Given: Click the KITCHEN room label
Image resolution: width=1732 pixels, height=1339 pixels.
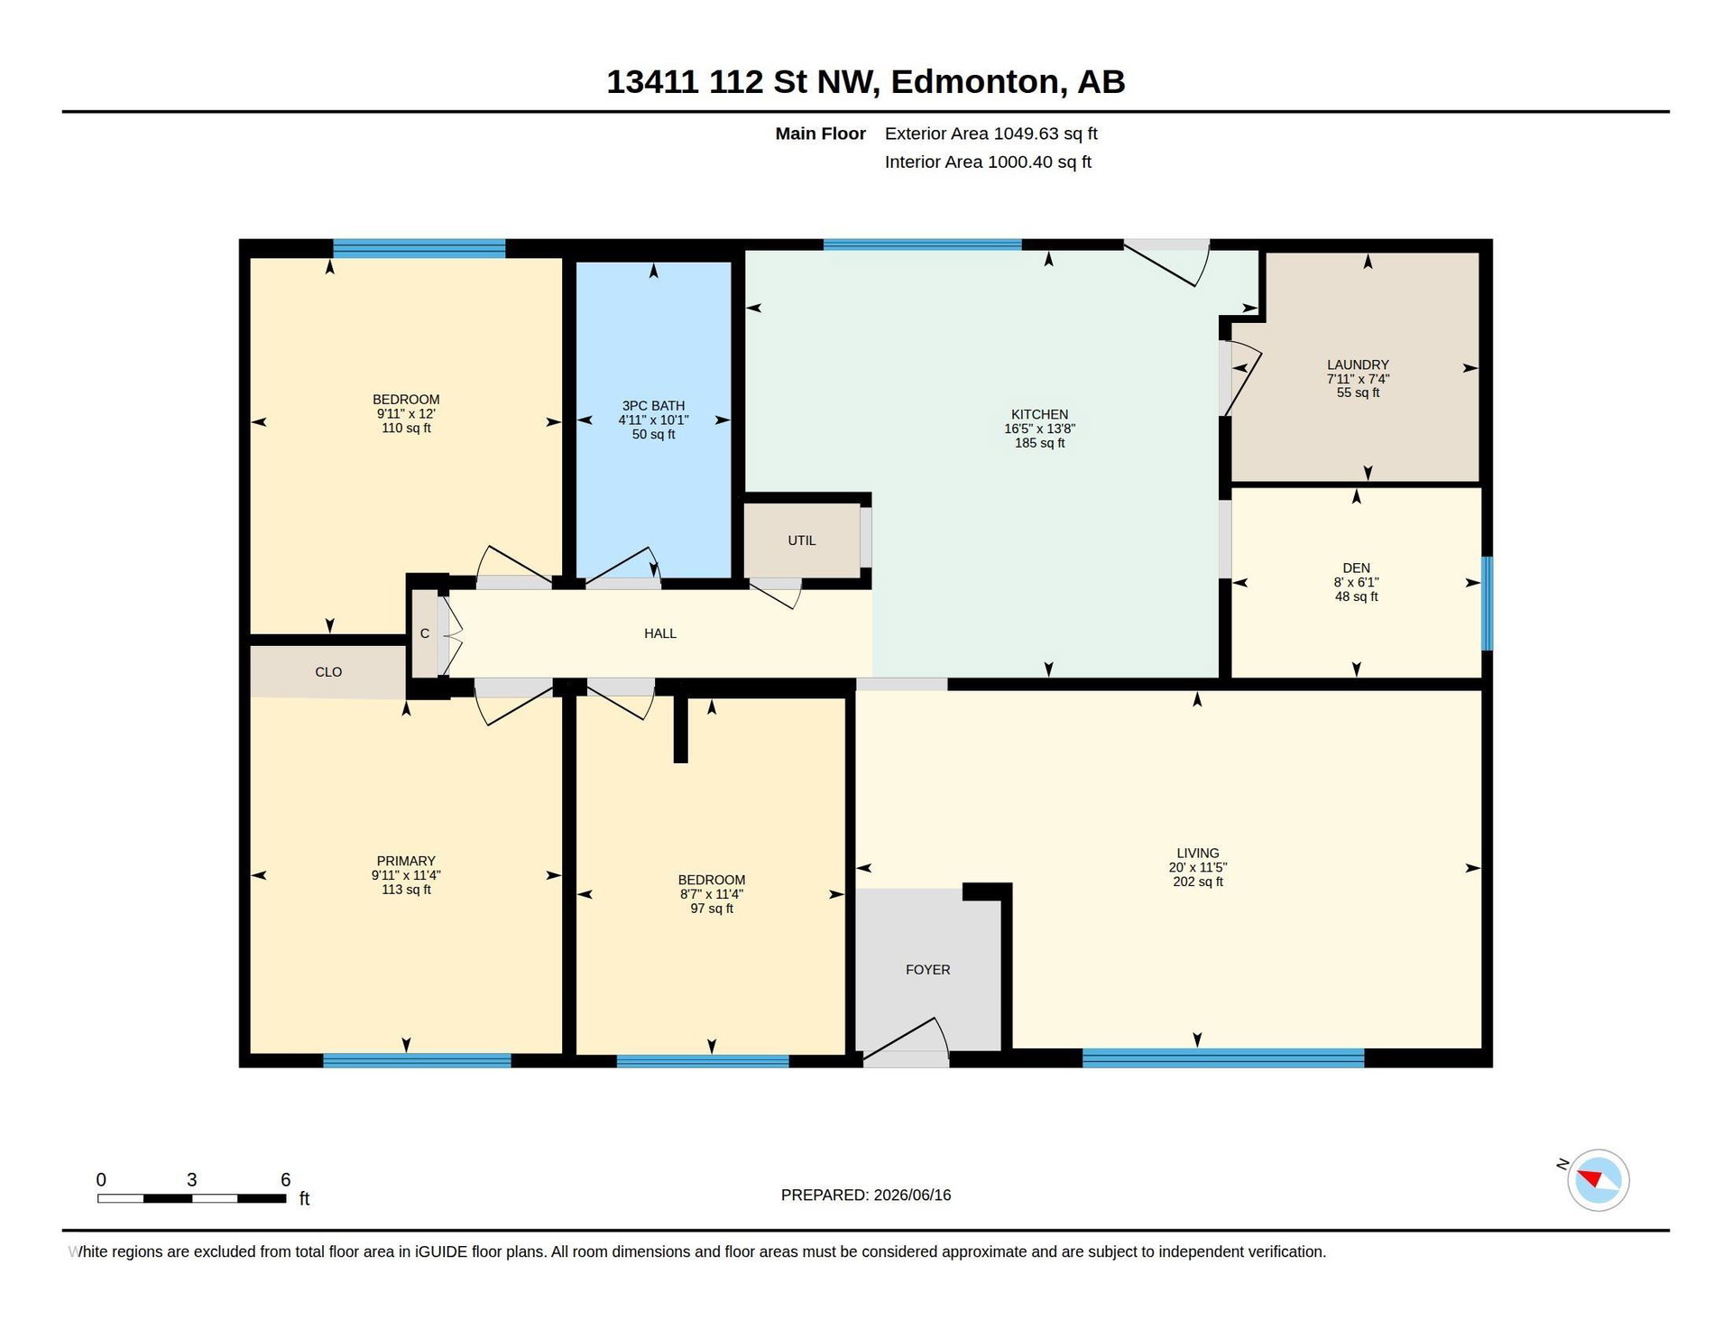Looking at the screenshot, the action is [1039, 414].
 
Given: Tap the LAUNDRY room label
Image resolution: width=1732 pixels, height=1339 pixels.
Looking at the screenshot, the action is [1358, 365].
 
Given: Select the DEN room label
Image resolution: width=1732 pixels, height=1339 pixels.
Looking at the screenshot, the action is [1356, 568].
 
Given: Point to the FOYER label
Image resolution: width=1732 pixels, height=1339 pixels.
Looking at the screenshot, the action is [927, 969].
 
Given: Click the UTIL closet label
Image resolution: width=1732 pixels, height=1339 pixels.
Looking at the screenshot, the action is [801, 540].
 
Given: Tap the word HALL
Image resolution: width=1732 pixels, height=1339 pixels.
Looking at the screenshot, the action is [659, 633].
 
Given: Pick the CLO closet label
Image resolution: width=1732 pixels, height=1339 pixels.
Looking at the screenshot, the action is [328, 671].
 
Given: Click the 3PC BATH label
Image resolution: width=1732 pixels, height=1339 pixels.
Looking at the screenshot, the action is [653, 405].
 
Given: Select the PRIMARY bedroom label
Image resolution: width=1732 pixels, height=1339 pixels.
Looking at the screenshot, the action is [406, 861].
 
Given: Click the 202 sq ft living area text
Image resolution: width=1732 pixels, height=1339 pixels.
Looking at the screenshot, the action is [1198, 882].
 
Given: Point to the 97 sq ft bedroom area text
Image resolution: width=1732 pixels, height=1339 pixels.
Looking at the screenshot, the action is [712, 909].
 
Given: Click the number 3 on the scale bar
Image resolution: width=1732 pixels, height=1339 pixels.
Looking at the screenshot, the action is [191, 1179].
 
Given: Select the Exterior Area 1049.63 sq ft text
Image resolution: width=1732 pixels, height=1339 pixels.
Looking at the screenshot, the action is [990, 134].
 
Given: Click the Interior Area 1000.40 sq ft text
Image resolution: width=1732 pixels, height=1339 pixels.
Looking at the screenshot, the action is [988, 162].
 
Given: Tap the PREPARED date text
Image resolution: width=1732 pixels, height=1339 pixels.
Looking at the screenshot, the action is [865, 1195].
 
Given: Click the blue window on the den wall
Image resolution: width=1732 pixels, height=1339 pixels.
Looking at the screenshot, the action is [1487, 603].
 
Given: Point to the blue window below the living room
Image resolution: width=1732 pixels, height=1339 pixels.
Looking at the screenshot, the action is [1222, 1057].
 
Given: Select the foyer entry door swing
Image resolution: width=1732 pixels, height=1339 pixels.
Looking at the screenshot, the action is [906, 1038].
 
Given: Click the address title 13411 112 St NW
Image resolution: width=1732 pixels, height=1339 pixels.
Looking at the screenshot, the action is [741, 81].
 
